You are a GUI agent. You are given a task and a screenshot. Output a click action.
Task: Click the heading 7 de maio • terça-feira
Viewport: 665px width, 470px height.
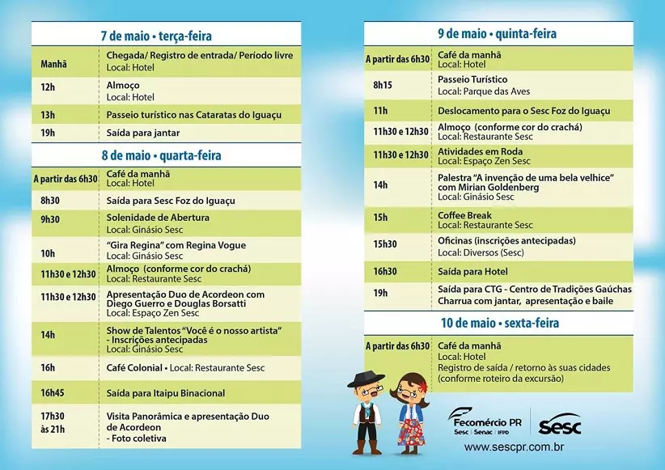[162, 36]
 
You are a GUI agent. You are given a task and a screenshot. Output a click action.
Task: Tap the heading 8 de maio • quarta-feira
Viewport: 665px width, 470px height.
[162, 155]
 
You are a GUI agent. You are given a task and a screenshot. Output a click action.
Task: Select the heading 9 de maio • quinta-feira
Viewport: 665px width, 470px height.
[497, 34]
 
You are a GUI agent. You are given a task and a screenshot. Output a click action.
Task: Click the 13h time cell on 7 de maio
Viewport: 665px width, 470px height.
[48, 115]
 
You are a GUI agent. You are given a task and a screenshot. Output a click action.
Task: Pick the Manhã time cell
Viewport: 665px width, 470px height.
[53, 64]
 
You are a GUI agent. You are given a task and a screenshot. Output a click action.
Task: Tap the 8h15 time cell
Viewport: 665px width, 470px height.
[383, 85]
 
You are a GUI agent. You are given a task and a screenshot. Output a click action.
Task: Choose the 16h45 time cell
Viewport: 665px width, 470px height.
[53, 392]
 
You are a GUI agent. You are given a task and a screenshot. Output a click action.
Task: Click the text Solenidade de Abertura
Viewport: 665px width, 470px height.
[158, 218]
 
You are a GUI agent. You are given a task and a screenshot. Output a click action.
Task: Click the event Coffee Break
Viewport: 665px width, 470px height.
[464, 216]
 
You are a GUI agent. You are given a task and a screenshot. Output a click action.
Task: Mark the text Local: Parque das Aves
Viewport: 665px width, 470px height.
[473, 91]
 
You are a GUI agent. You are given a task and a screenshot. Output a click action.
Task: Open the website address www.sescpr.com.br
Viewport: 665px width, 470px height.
[514, 447]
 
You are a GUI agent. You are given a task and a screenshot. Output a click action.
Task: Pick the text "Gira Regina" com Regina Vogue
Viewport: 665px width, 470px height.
[176, 245]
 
